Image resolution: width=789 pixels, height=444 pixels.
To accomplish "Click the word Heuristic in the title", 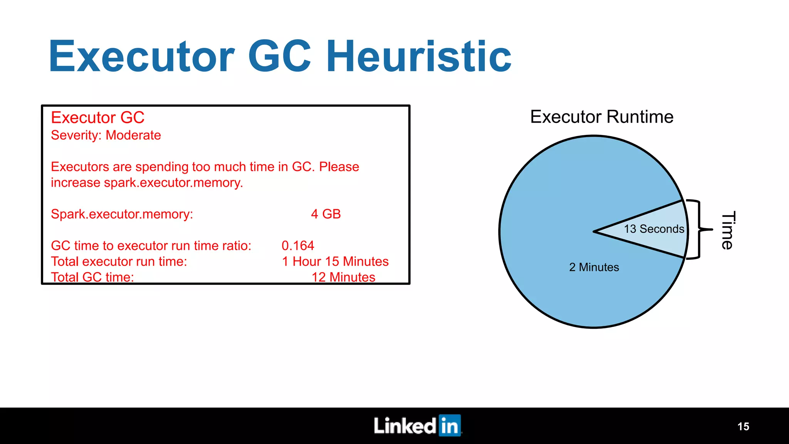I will point(419,57).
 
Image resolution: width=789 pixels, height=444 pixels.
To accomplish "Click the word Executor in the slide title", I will point(141,57).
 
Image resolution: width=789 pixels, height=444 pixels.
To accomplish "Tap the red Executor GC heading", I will point(97,118).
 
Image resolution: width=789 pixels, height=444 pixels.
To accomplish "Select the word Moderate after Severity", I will point(133,135).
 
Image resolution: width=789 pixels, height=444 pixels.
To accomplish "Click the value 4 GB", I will point(326,214).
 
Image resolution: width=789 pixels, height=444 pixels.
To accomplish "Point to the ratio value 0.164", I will point(298,246).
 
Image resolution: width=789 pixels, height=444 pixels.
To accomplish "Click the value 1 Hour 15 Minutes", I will point(335,261).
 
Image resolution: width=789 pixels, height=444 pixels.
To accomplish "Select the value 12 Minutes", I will point(343,277).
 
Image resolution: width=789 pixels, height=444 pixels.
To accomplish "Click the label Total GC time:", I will point(92,277).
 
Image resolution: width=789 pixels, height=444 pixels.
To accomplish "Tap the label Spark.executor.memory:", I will point(122,214).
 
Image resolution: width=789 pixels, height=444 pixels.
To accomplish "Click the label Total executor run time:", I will point(119,261).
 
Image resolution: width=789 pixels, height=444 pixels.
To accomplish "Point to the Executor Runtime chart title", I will point(601,117).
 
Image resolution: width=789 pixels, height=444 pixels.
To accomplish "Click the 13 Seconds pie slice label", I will point(654,229).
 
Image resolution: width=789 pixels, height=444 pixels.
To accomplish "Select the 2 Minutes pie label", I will point(594,267).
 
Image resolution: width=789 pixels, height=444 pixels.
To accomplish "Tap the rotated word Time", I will point(728,230).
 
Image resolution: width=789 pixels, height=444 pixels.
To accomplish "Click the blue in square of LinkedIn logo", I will point(450,425).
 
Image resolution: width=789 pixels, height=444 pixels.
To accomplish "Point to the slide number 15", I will point(743,426).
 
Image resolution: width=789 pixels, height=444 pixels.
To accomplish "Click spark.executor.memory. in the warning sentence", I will point(173,183).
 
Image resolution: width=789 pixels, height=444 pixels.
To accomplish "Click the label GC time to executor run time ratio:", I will point(151,246).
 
